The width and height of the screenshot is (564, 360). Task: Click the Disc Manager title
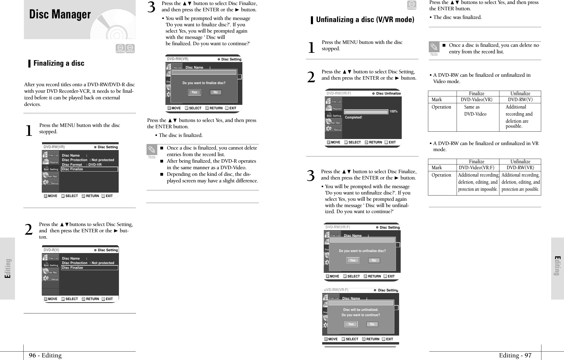click(x=60, y=14)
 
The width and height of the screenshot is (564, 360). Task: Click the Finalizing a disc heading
click(x=59, y=63)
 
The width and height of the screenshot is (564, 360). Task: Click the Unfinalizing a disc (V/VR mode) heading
click(x=365, y=20)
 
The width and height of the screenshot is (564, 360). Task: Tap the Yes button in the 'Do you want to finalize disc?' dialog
click(x=194, y=92)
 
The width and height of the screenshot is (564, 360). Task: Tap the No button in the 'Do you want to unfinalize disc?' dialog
click(x=374, y=260)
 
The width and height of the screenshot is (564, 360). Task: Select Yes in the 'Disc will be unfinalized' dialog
click(x=351, y=324)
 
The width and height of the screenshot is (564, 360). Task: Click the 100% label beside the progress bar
click(x=393, y=112)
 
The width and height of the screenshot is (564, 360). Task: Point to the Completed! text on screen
click(x=353, y=117)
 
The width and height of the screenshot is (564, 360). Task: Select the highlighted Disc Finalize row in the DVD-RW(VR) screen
click(x=89, y=169)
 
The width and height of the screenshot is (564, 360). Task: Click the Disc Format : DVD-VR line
click(x=82, y=164)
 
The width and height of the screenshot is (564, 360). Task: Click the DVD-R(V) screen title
click(x=51, y=250)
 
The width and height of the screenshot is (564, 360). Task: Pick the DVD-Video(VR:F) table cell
click(x=477, y=168)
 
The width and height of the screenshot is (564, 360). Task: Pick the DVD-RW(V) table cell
click(x=520, y=100)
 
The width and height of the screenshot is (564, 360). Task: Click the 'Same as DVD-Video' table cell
click(x=475, y=110)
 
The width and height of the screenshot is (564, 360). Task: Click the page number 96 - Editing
click(x=45, y=356)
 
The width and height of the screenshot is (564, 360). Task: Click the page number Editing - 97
click(x=515, y=356)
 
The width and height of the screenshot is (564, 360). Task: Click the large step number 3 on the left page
click(x=152, y=7)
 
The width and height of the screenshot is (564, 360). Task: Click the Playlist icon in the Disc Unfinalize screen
click(x=333, y=108)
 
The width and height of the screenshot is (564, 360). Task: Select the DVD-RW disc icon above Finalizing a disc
click(x=130, y=48)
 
